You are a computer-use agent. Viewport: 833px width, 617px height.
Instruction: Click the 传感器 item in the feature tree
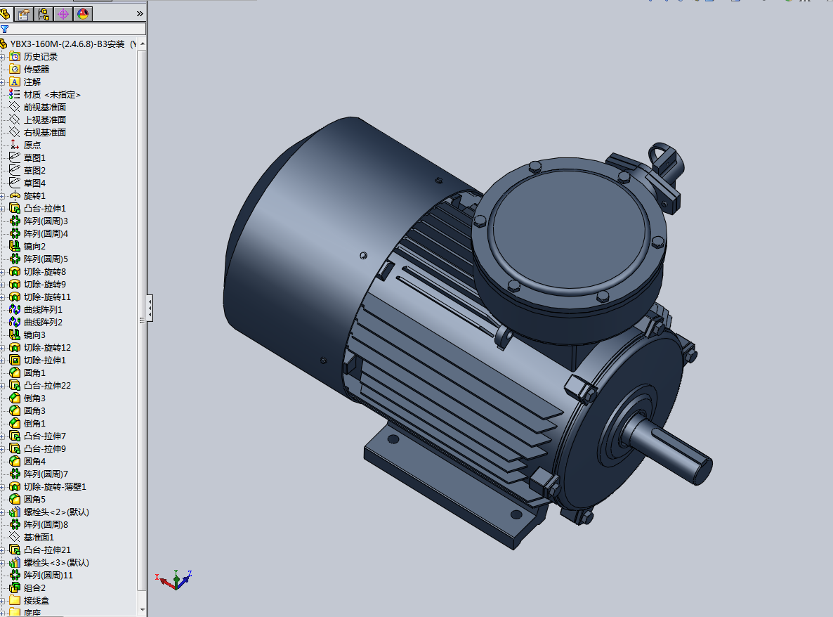[x=36, y=69]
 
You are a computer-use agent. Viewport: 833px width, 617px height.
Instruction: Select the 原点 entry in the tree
[x=32, y=145]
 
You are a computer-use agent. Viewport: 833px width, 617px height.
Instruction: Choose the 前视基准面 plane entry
[x=44, y=107]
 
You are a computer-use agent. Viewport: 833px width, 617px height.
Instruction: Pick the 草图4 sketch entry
[x=34, y=183]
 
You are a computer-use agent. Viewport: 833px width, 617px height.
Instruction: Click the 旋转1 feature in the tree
[x=34, y=195]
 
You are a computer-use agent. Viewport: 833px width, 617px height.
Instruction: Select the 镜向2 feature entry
[x=34, y=246]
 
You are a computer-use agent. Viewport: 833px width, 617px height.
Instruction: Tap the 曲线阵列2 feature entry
[x=43, y=322]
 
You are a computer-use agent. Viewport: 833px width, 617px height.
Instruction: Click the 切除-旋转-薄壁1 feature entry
[x=55, y=486]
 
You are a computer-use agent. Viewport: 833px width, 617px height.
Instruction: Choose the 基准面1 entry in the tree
[x=39, y=537]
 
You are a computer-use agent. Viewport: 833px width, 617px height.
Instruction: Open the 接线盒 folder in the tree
[x=36, y=600]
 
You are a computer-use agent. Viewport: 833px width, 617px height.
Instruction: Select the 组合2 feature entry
[x=34, y=587]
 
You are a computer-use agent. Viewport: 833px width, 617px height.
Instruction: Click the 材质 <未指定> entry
[x=52, y=94]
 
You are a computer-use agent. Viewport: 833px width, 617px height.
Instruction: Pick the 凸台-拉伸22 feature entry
[x=47, y=385]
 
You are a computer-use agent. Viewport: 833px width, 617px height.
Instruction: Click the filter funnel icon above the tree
[x=5, y=30]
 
